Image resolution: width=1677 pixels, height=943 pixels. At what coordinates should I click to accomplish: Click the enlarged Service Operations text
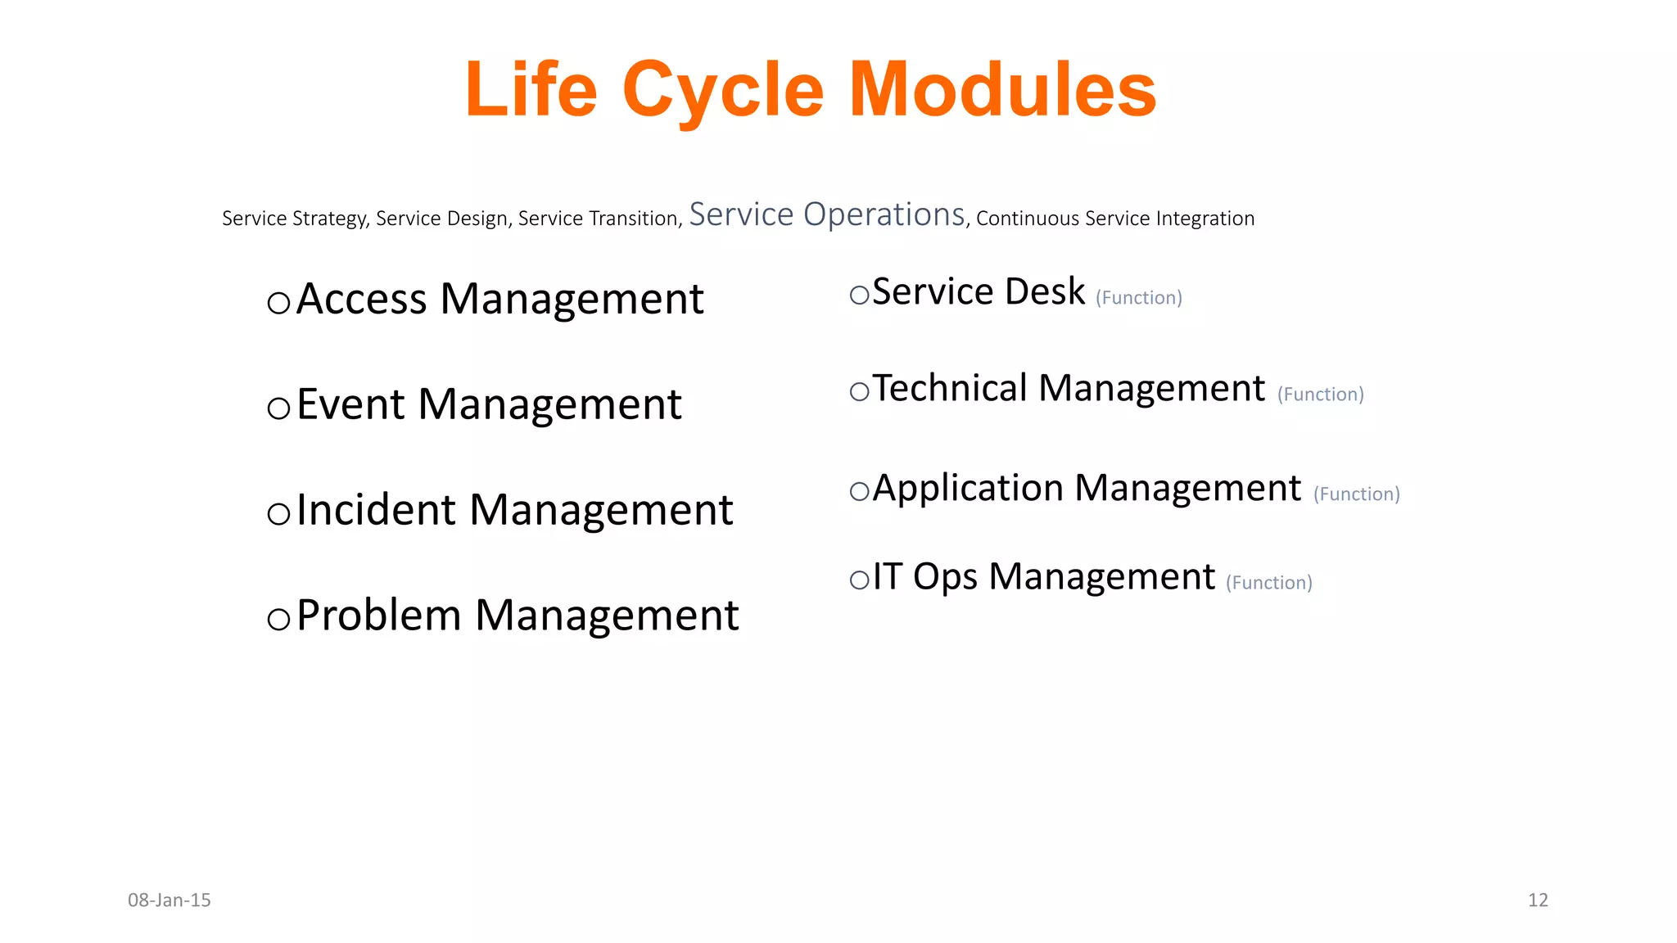tap(827, 214)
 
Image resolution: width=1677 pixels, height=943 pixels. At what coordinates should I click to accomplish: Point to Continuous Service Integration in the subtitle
tap(1115, 219)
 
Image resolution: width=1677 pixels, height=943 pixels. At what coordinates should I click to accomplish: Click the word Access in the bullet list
tap(362, 299)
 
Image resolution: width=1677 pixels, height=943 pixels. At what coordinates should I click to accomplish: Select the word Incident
tap(376, 510)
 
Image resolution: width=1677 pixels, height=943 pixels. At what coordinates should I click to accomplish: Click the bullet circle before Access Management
tap(279, 304)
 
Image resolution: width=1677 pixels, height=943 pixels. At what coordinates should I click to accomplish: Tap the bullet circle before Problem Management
tap(279, 620)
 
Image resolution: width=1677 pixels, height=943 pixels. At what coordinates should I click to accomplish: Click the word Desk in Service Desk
tap(1045, 291)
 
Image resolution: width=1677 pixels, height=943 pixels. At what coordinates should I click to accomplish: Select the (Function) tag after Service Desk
tap(1139, 298)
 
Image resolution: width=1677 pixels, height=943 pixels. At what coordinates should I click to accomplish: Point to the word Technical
tap(950, 388)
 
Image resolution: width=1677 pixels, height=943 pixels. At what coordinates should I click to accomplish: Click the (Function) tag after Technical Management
tap(1321, 395)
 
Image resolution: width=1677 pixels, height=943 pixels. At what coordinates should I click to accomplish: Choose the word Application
tap(968, 489)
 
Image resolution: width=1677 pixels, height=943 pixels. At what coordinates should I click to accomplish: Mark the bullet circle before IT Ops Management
tap(859, 581)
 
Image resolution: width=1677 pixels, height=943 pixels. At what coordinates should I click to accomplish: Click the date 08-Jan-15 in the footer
tap(170, 900)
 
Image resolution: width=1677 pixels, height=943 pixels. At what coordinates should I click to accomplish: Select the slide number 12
tap(1538, 900)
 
